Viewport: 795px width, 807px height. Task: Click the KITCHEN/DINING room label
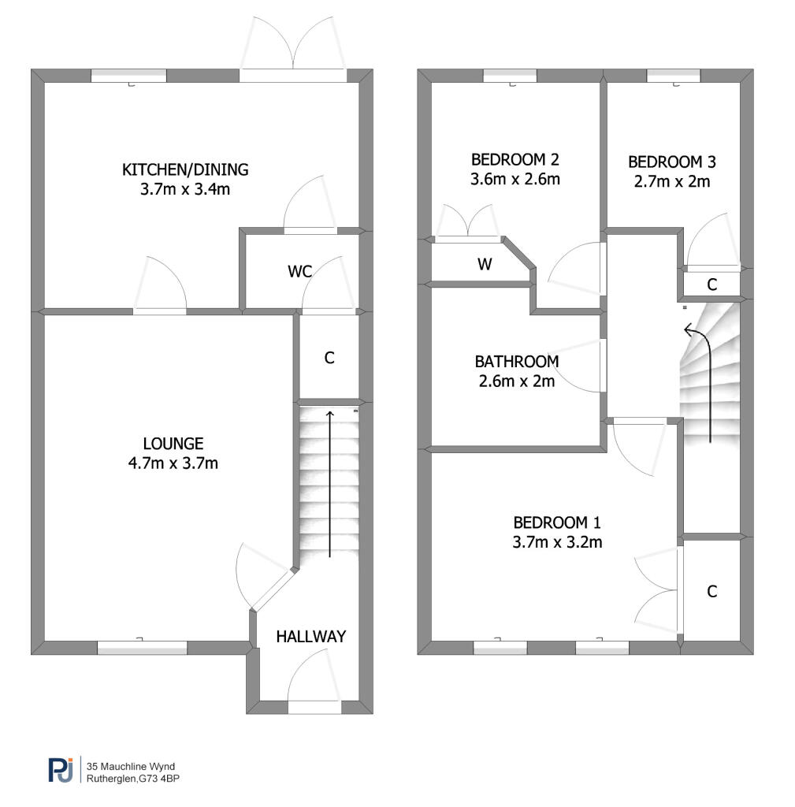click(185, 169)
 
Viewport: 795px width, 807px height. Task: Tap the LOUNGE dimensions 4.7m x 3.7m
click(173, 463)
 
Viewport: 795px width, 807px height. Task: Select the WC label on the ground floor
click(300, 271)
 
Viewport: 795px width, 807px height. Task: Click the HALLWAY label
click(310, 637)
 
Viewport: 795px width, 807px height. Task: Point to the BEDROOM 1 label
click(557, 523)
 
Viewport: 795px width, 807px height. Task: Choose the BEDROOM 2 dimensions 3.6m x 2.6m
click(515, 179)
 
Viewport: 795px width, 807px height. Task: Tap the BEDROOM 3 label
click(672, 162)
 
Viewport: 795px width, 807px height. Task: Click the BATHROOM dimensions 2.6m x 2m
click(517, 381)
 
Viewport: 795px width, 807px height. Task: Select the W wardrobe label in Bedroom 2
click(485, 264)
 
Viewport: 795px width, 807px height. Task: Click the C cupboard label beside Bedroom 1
click(712, 591)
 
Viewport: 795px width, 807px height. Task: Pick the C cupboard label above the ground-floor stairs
click(329, 358)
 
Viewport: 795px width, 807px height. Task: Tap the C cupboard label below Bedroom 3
click(712, 284)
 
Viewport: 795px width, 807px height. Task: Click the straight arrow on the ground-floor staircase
click(330, 485)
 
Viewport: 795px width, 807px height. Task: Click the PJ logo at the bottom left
click(61, 770)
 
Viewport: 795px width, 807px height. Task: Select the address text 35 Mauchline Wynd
click(131, 766)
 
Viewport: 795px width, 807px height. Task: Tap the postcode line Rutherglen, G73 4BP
click(132, 779)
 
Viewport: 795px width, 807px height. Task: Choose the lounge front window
click(142, 647)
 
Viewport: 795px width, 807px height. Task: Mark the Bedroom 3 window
click(674, 76)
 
